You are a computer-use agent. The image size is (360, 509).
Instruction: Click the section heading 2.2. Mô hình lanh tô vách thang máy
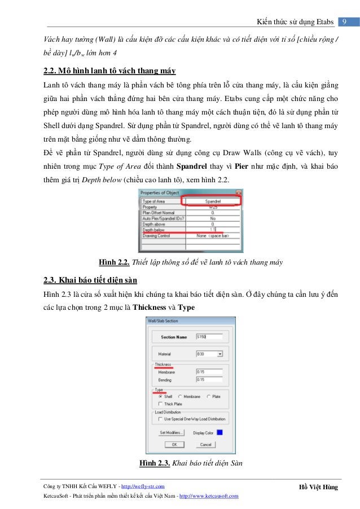click(x=109, y=72)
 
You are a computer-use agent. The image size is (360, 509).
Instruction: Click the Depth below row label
click(x=153, y=230)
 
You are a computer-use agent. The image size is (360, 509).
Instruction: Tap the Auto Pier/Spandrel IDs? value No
click(x=212, y=217)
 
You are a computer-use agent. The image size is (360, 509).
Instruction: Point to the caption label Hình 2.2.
click(x=115, y=262)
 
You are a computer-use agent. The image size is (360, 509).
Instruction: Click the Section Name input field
click(x=208, y=337)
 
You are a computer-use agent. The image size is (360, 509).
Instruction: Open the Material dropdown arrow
click(x=219, y=354)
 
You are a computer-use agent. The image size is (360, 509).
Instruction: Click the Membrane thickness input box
click(x=208, y=372)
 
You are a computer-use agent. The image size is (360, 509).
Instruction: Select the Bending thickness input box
click(x=208, y=380)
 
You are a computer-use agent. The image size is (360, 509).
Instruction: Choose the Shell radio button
click(x=160, y=397)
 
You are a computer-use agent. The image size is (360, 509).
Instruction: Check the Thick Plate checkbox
click(x=160, y=404)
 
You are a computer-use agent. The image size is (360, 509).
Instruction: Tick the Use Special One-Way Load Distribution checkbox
click(x=160, y=419)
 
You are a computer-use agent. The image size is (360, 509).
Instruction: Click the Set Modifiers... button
click(x=171, y=433)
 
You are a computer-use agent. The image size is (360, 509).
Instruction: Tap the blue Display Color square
click(x=219, y=433)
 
